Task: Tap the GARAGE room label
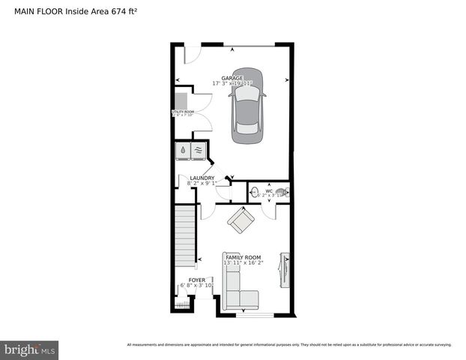click(233, 78)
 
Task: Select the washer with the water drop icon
click(183, 151)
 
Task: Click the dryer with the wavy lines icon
click(199, 151)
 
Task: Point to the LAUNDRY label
click(202, 178)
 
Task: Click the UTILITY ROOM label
click(184, 112)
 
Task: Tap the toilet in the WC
click(280, 192)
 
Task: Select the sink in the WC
click(255, 191)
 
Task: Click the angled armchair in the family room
click(241, 220)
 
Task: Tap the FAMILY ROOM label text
click(243, 257)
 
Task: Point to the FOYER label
click(198, 279)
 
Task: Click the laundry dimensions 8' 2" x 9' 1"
click(202, 183)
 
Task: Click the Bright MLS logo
click(30, 349)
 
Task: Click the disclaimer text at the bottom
click(289, 345)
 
